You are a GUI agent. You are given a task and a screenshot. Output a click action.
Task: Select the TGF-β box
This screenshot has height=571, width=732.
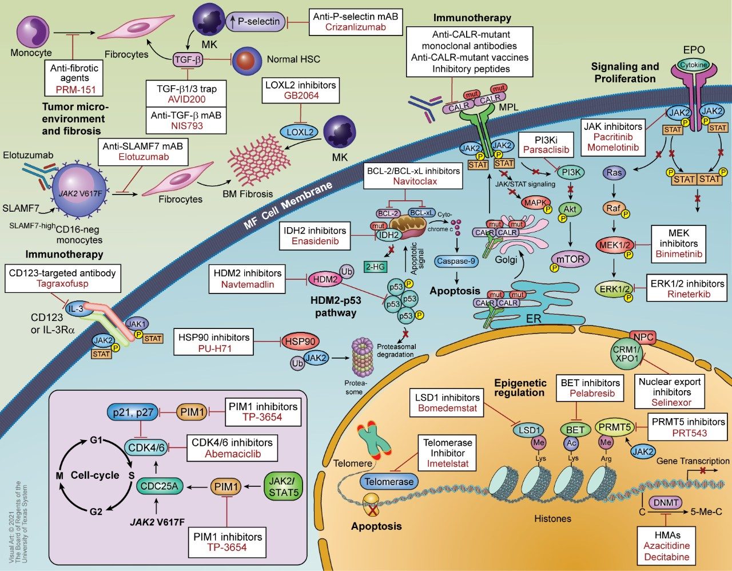click(x=189, y=58)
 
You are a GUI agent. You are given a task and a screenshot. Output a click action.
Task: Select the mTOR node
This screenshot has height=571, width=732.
click(x=570, y=259)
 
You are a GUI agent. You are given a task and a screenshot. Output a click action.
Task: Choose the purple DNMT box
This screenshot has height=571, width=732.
click(x=665, y=503)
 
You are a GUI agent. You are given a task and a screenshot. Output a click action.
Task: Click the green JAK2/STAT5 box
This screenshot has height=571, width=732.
click(x=282, y=486)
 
